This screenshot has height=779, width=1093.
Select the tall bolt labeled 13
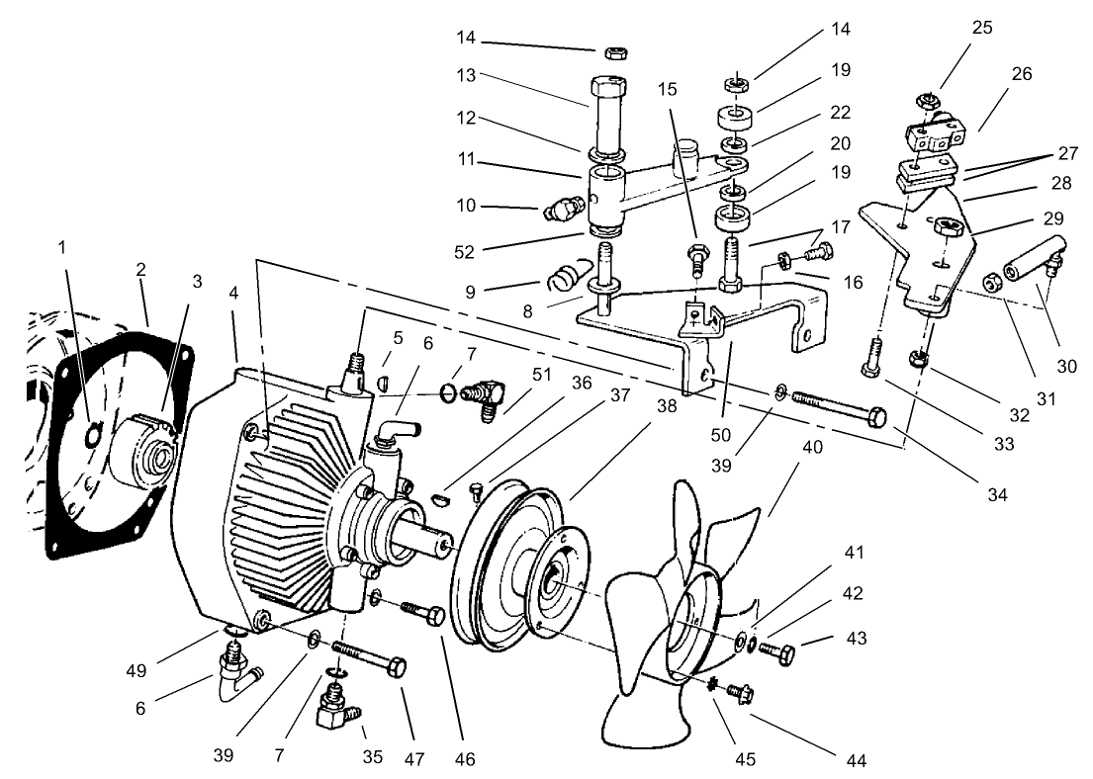point(609,114)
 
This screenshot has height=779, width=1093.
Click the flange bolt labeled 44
point(737,692)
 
